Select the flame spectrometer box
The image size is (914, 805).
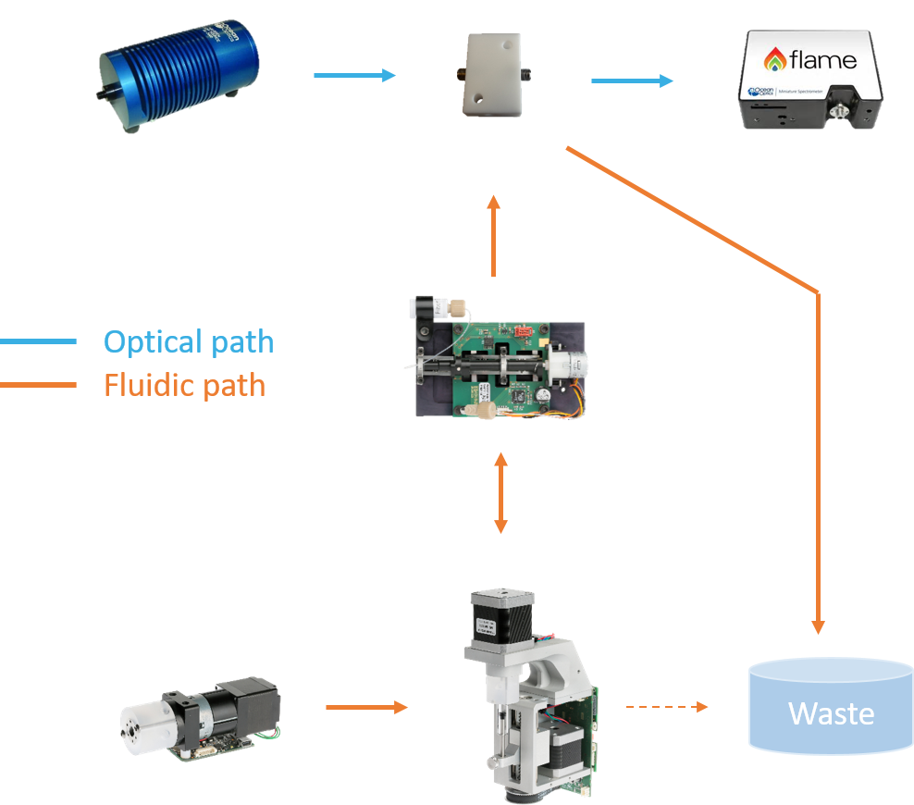point(809,80)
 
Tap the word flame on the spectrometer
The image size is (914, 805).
point(822,61)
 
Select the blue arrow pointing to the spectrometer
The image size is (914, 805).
point(632,81)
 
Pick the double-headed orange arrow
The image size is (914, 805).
point(500,492)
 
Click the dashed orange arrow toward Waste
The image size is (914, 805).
point(666,707)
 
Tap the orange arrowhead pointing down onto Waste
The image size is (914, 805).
point(818,625)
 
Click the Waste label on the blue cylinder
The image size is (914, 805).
point(831,713)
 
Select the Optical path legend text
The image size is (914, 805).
point(189,341)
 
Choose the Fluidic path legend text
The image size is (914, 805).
point(184,384)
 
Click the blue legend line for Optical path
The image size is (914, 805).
point(38,341)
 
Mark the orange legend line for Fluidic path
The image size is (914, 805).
point(38,384)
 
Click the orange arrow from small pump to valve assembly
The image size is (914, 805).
point(366,708)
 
